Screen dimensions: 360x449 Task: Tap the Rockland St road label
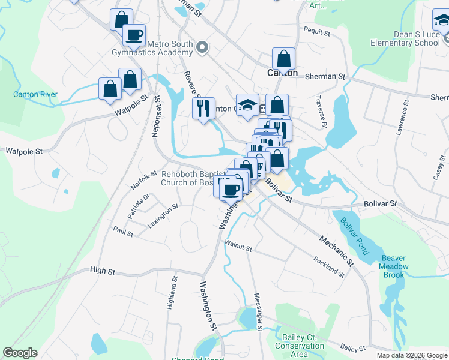pos(329,266)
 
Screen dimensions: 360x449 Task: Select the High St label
pos(102,271)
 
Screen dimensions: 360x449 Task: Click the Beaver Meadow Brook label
pos(394,266)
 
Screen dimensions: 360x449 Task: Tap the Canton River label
pos(35,94)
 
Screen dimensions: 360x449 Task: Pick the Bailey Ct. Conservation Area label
pos(299,346)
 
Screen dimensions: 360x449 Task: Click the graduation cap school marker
pos(247,105)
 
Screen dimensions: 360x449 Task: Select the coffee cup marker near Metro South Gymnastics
pos(134,34)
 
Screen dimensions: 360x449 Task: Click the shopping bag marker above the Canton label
pos(283,59)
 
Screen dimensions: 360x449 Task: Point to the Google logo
pos(20,353)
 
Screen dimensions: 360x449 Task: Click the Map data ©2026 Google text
pos(412,355)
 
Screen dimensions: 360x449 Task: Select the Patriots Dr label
pos(137,206)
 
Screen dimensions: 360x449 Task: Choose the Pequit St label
pos(317,31)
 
